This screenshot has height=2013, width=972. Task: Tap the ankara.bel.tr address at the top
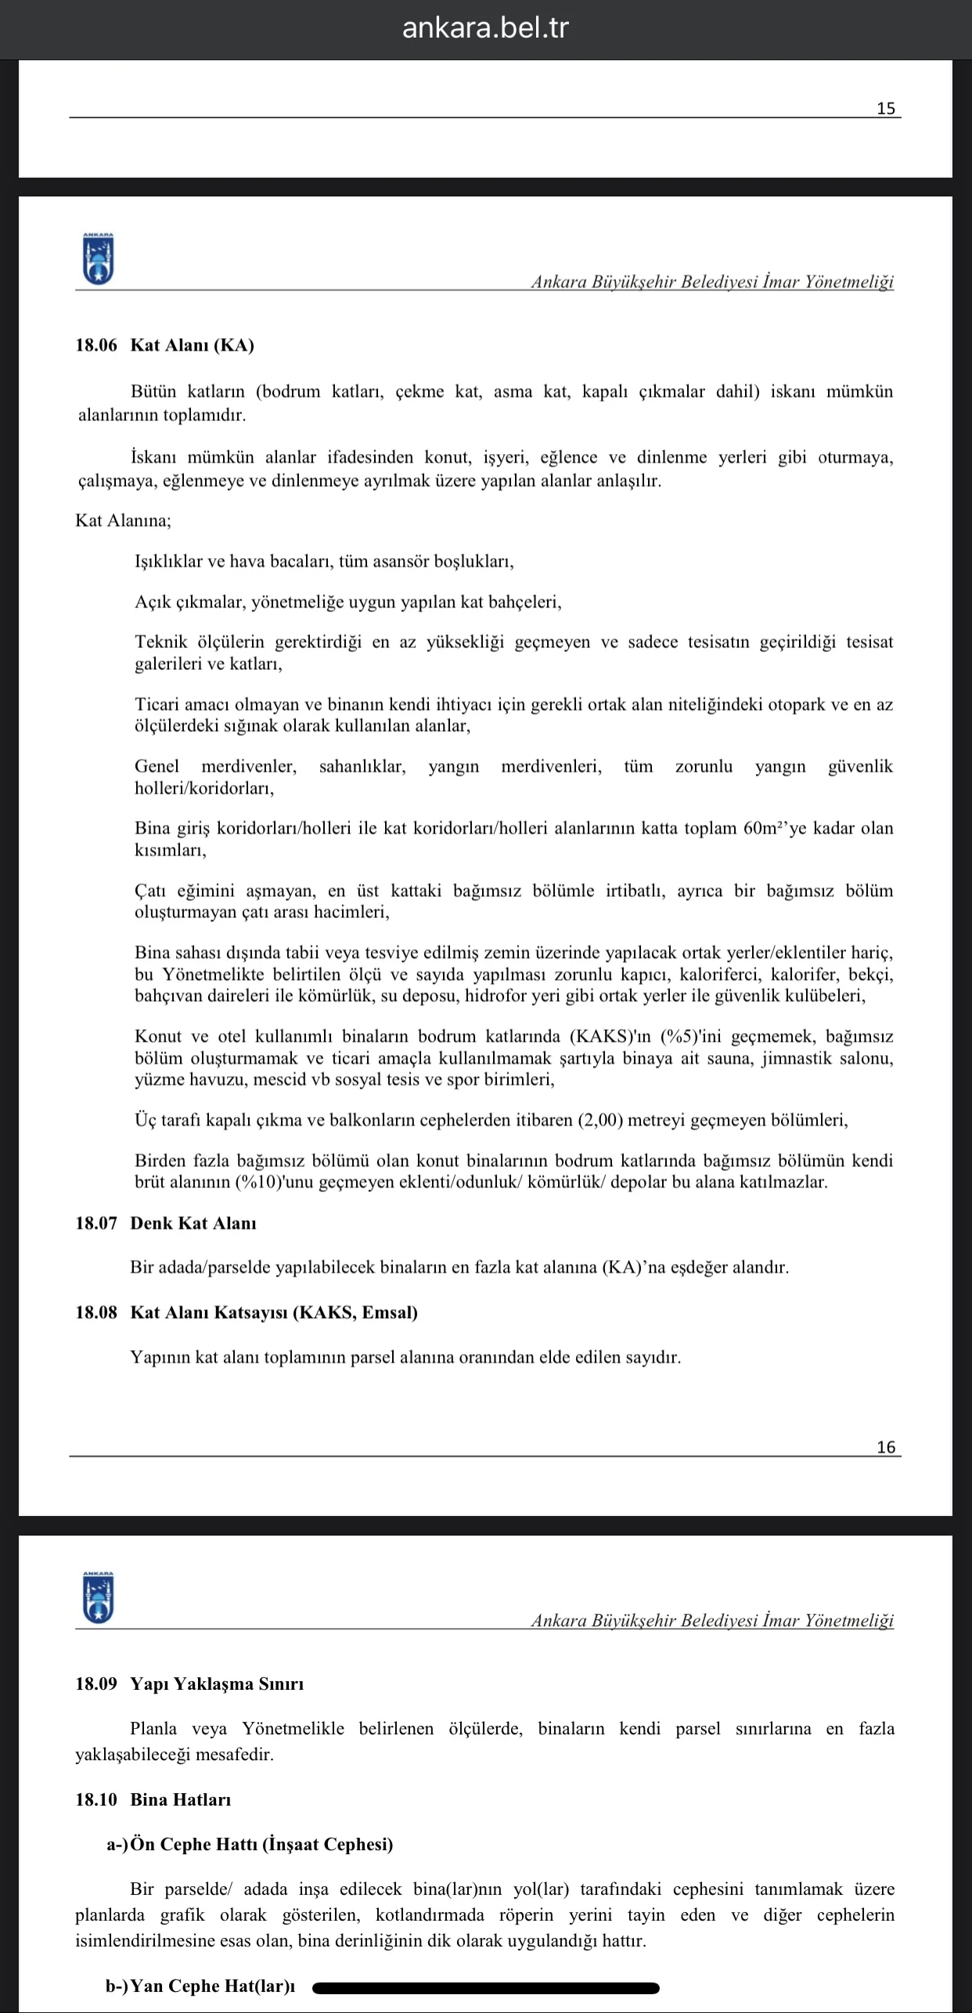[x=485, y=28]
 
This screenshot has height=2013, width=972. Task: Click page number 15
[x=885, y=108]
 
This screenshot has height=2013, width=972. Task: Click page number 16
[x=885, y=1447]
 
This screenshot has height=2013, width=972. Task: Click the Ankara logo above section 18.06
[x=98, y=258]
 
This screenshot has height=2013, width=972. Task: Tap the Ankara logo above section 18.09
[x=98, y=1597]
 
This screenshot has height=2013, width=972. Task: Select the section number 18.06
[x=95, y=345]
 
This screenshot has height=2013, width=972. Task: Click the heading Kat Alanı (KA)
[x=192, y=345]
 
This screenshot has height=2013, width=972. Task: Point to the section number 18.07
[x=95, y=1223]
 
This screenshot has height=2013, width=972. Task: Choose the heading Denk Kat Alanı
[x=193, y=1223]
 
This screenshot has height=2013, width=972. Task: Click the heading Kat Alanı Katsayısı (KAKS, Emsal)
[x=274, y=1313]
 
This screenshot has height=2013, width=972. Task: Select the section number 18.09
[x=95, y=1684]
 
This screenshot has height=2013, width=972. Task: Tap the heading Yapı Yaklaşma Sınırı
[x=217, y=1684]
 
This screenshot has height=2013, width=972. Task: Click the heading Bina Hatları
[x=181, y=1799]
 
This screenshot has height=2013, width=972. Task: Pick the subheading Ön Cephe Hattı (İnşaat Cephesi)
[x=261, y=1844]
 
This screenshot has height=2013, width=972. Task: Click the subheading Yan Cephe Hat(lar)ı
[x=212, y=1986]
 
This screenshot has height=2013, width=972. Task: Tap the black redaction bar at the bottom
[x=485, y=1987]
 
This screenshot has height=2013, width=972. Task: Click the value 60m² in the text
[x=765, y=828]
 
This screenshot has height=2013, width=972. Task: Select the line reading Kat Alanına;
[x=123, y=520]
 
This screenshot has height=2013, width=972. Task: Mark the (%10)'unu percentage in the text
[x=279, y=1182]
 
